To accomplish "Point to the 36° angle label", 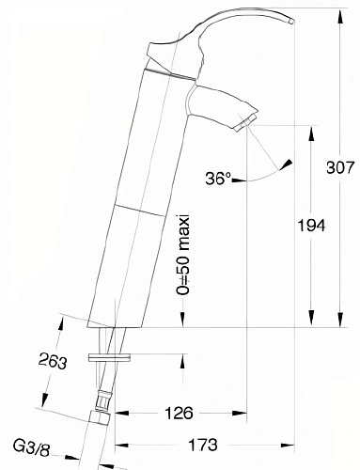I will click(x=216, y=177).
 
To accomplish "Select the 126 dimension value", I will click(x=179, y=413).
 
